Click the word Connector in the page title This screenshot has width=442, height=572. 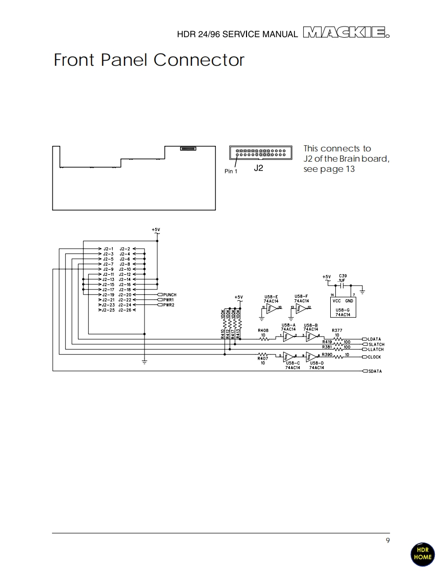pos(199,60)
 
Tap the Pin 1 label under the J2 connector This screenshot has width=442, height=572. pos(231,171)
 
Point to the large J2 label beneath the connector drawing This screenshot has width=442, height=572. pos(259,168)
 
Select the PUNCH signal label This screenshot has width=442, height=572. pos(169,295)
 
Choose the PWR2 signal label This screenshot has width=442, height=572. pos(168,305)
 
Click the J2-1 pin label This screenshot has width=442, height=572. pos(108,249)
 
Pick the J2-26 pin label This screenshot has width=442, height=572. pos(125,310)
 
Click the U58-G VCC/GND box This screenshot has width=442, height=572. pos(342,305)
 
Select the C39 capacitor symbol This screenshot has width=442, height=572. pos(342,286)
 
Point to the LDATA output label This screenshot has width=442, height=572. pos(374,339)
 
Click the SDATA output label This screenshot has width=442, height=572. pos(375,371)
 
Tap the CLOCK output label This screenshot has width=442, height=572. pos(374,357)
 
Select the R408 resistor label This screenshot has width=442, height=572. pos(263,330)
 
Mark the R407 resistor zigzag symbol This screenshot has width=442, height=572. pos(263,354)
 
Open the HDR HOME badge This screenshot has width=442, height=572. pos(422,554)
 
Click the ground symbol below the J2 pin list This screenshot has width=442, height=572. pos(144,362)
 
